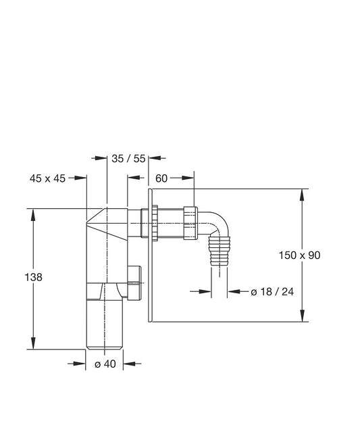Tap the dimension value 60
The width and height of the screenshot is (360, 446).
click(x=161, y=178)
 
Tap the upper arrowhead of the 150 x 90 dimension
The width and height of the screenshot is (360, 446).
click(x=301, y=193)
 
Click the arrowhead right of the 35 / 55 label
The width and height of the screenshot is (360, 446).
click(x=152, y=158)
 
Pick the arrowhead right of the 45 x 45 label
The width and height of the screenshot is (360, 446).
click(x=83, y=178)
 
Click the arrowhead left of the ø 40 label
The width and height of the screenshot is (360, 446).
click(x=82, y=364)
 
